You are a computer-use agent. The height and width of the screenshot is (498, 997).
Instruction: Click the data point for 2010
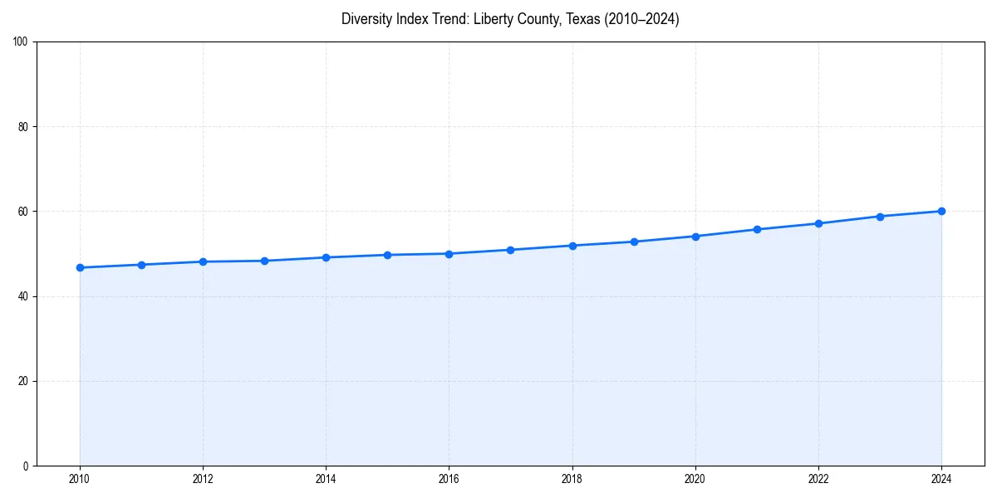[x=80, y=267]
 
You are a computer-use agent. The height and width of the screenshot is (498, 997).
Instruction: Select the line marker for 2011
[x=141, y=265]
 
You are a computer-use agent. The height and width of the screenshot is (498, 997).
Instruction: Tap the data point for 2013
[x=264, y=261]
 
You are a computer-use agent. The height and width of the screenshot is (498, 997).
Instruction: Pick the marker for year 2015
[x=387, y=255]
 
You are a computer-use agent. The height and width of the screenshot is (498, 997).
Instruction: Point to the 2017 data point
[x=510, y=250]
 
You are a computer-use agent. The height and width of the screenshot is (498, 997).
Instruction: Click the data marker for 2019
[x=634, y=242]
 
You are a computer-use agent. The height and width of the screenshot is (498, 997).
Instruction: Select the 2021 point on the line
[x=757, y=229]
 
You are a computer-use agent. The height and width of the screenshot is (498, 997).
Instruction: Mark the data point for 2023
[x=880, y=217]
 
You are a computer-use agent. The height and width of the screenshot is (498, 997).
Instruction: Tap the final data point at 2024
[x=941, y=211]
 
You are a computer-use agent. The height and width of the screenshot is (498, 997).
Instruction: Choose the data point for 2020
[x=695, y=237]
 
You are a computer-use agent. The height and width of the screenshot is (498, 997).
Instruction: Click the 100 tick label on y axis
[x=21, y=41]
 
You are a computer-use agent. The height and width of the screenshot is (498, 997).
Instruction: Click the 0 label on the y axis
[x=26, y=466]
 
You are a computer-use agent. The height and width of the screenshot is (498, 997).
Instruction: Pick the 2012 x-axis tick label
[x=203, y=479]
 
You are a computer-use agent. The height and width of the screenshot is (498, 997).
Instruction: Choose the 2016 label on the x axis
[x=449, y=479]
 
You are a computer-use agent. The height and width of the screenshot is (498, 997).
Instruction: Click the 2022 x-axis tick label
[x=818, y=479]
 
